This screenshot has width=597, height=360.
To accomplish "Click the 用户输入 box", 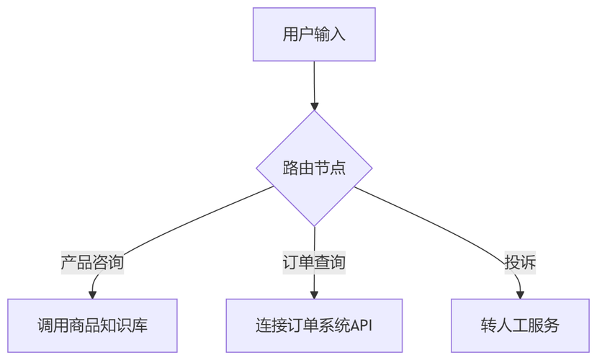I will pyautogui.click(x=314, y=35).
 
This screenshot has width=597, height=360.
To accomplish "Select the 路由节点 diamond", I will pyautogui.click(x=314, y=168).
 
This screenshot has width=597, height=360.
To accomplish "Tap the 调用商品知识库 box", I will pyautogui.click(x=92, y=325).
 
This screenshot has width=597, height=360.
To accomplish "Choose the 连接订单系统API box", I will pyautogui.click(x=314, y=325).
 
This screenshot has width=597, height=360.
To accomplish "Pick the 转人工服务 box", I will pyautogui.click(x=520, y=325).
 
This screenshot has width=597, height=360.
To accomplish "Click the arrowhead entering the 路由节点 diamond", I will pyautogui.click(x=314, y=107).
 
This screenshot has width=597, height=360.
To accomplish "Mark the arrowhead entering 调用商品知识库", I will pyautogui.click(x=92, y=294).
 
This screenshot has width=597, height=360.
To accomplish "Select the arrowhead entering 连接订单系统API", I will pyautogui.click(x=314, y=294).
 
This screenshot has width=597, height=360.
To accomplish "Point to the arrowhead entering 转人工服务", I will pyautogui.click(x=520, y=294).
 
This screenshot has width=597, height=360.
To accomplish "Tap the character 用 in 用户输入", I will pyautogui.click(x=290, y=35).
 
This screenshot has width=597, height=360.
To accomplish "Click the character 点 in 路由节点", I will pyautogui.click(x=338, y=168).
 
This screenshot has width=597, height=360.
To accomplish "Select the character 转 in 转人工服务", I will pyautogui.click(x=488, y=325).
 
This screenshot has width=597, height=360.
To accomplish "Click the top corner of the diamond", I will pyautogui.click(x=314, y=112).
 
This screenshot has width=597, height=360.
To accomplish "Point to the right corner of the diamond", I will pyautogui.click(x=371, y=168).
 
